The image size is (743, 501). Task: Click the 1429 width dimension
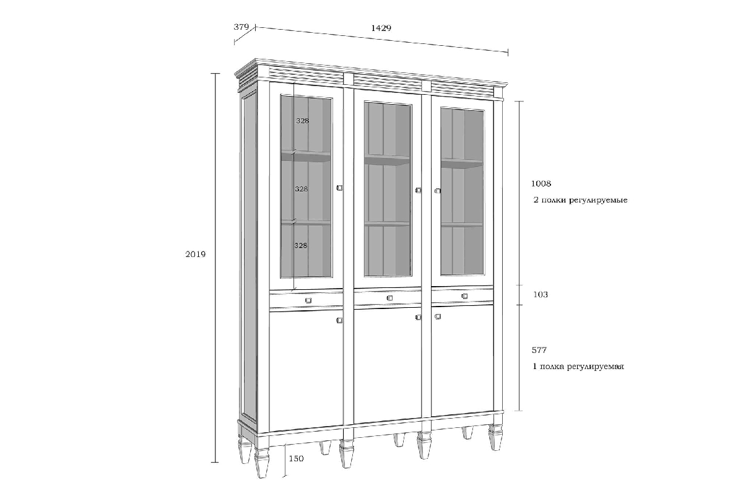(x=381, y=28)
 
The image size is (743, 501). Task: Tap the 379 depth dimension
(x=241, y=27)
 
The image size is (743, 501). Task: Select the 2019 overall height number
(x=196, y=254)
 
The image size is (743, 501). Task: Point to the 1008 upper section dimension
(x=541, y=183)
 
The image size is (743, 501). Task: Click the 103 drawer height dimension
(x=541, y=294)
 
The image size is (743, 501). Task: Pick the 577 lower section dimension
(x=539, y=350)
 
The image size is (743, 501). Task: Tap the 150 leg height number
(x=296, y=458)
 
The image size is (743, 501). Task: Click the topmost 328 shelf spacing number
(x=303, y=121)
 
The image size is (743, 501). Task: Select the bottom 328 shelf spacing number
(x=301, y=245)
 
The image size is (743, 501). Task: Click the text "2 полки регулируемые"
(x=581, y=200)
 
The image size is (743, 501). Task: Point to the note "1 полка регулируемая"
(x=578, y=367)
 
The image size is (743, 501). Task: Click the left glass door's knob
(x=339, y=188)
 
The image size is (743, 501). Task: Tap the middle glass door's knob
(x=419, y=190)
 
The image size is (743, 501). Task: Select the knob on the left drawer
(x=308, y=300)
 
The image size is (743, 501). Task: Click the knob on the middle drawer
(x=390, y=298)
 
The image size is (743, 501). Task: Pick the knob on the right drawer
(x=465, y=296)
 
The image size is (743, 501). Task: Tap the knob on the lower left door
(x=339, y=320)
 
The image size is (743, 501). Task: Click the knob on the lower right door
(x=438, y=316)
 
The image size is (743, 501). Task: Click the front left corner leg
(x=262, y=463)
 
